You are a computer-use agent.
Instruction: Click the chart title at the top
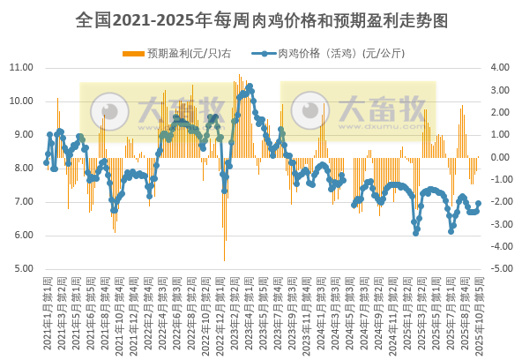pos(261,18)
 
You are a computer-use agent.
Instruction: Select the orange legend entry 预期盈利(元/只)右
pos(182,54)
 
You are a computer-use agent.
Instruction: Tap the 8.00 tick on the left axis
pos(23,169)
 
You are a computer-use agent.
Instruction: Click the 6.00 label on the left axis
pos(23,236)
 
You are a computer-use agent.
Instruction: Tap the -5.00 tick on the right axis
pos(497,269)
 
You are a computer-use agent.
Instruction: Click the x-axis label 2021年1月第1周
pos(47,313)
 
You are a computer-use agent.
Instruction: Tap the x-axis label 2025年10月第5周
pos(479,313)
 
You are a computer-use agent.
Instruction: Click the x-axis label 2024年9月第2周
pos(377,313)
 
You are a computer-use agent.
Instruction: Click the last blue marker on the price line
pos(479,203)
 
